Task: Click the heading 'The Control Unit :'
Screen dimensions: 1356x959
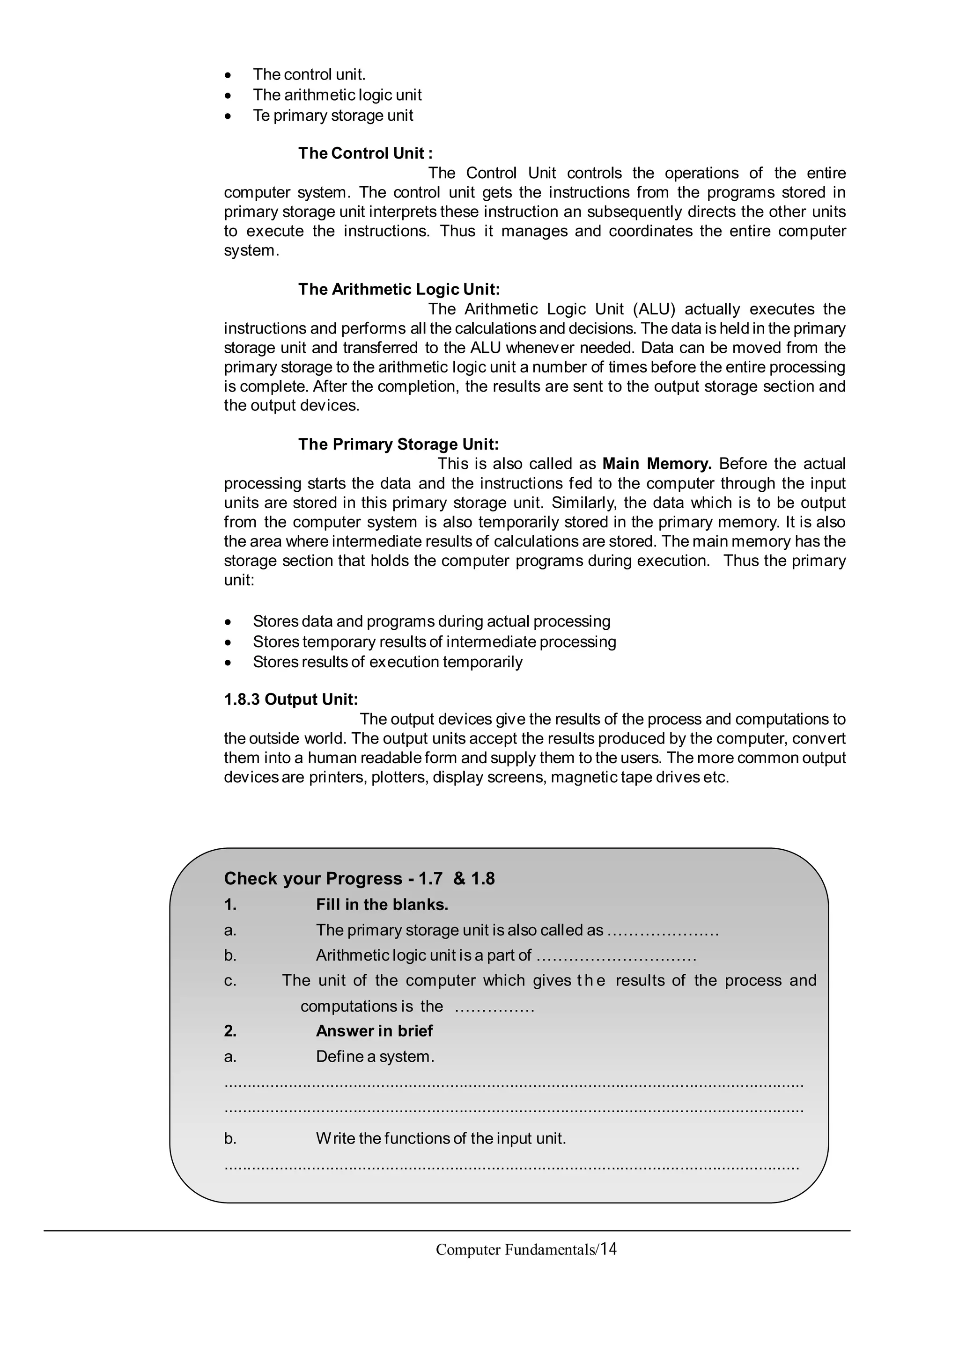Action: point(365,153)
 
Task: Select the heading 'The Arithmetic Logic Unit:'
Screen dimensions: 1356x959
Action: point(399,289)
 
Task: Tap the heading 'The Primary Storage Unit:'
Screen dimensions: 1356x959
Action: point(398,444)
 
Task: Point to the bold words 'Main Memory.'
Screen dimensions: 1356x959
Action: point(657,464)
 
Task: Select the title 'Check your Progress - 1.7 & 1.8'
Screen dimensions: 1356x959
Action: point(359,878)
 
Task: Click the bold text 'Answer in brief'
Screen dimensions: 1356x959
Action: point(374,1031)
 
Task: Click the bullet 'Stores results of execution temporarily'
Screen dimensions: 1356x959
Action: point(388,662)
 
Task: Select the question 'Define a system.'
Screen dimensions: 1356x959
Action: point(375,1056)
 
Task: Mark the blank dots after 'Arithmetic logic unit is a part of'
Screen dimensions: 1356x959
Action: point(616,955)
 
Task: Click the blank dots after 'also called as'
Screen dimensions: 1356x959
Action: point(663,931)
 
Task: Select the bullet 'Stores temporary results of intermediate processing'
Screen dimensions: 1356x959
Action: point(434,642)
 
